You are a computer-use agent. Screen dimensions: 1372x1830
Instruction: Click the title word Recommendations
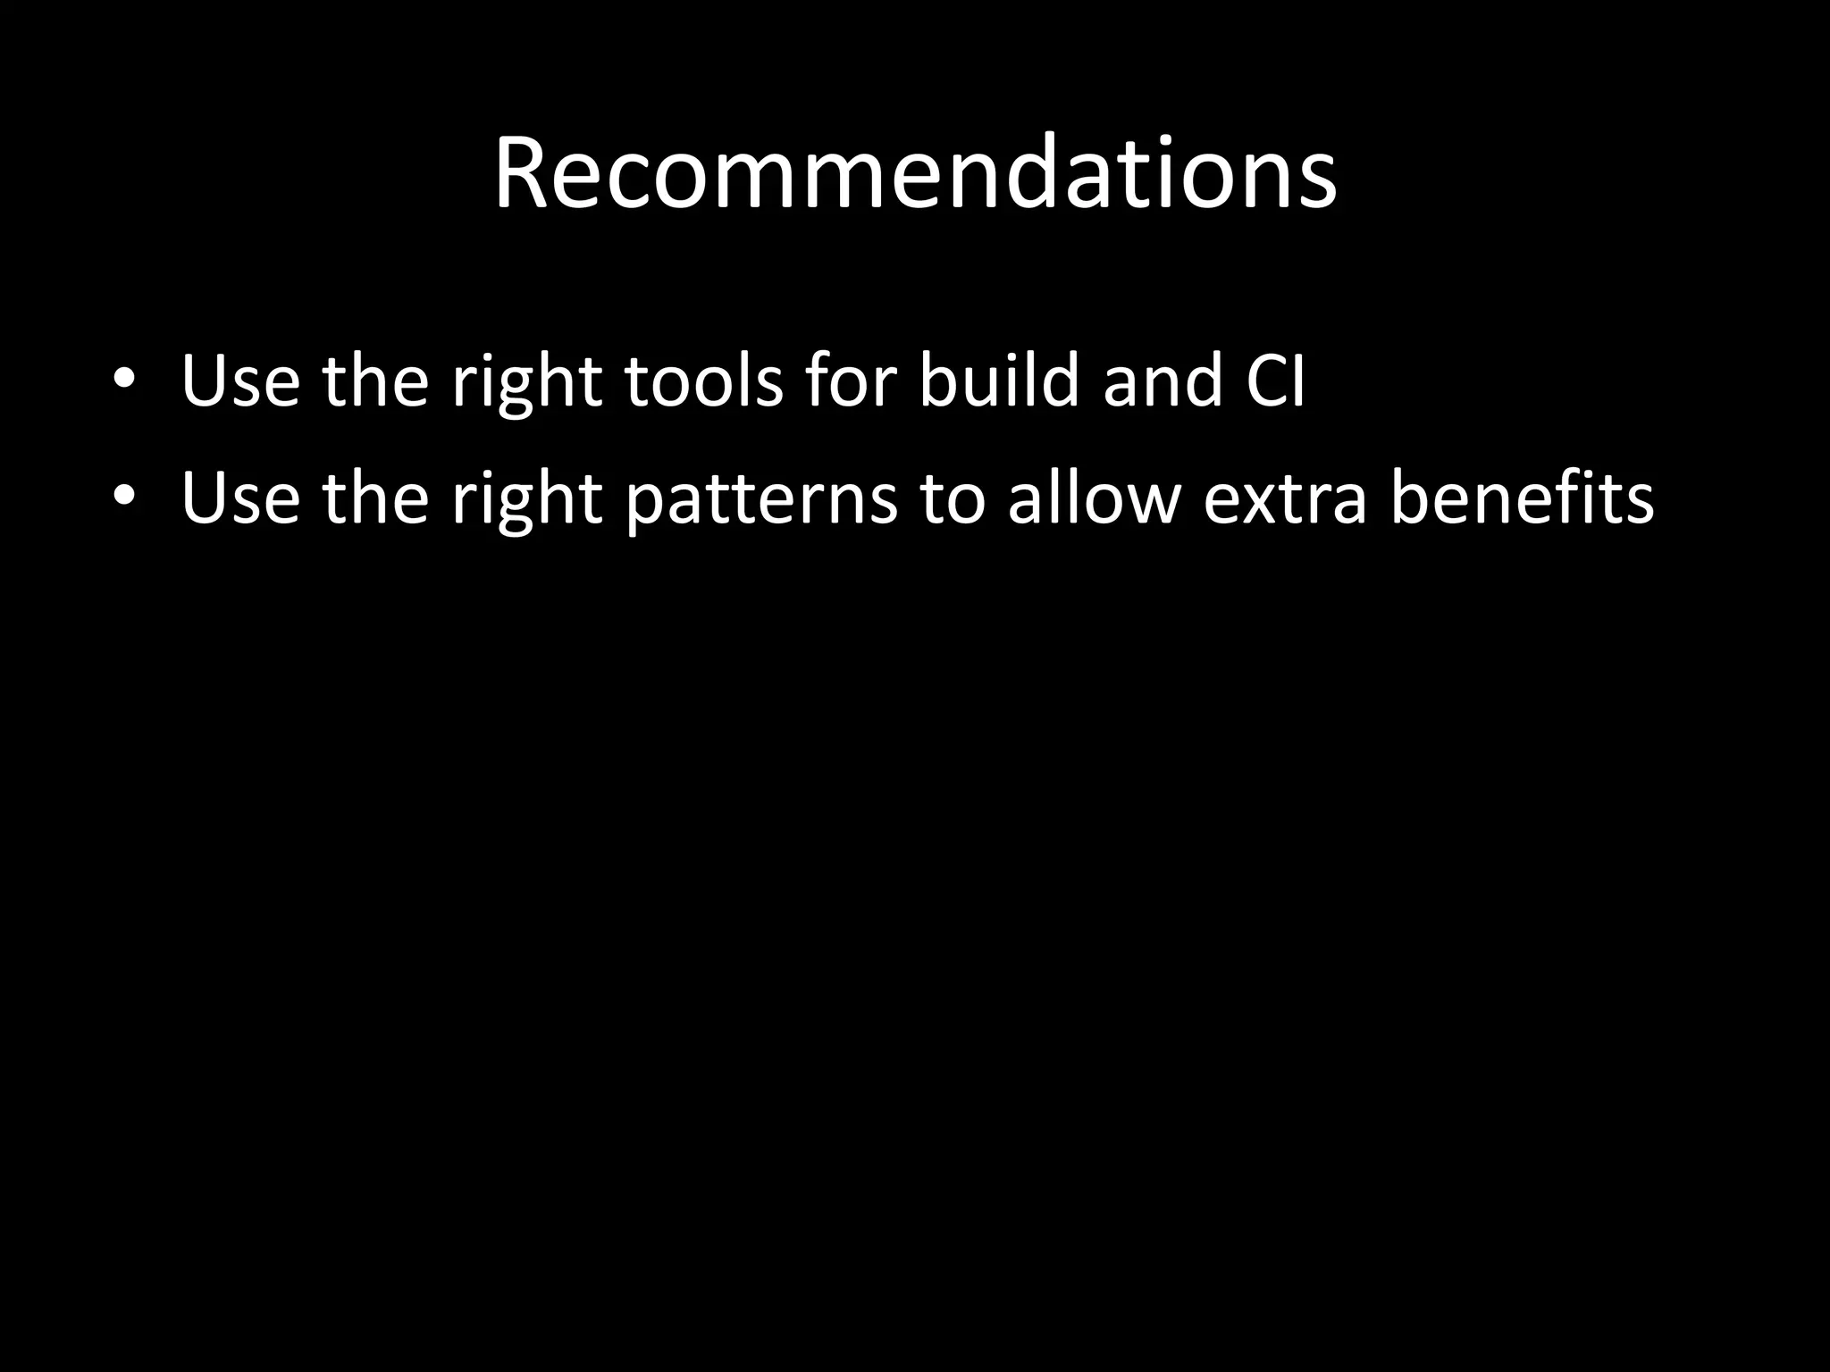point(915,173)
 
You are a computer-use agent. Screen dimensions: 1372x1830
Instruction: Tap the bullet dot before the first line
point(124,379)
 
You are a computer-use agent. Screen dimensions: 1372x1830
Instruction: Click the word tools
point(703,381)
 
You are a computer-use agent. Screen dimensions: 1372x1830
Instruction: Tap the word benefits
point(1522,497)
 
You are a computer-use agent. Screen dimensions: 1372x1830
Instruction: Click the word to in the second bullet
point(952,498)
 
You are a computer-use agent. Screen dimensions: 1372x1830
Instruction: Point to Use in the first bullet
point(240,381)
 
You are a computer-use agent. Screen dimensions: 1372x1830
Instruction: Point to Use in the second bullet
point(240,498)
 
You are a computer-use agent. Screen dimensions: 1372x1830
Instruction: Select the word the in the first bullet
point(375,381)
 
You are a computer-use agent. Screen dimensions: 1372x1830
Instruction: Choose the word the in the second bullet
point(375,498)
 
